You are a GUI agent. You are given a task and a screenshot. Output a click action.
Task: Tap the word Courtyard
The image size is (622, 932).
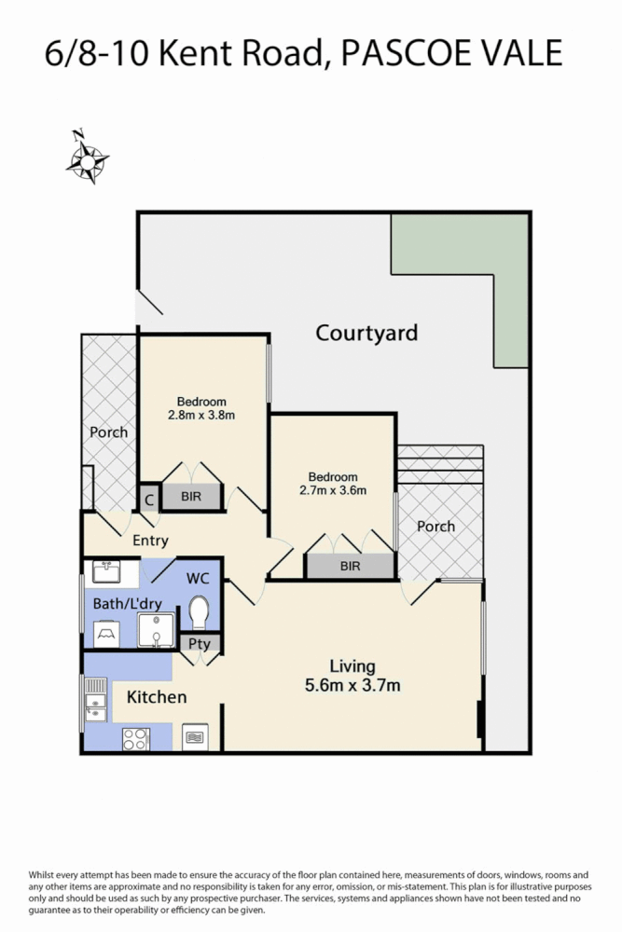pyautogui.click(x=366, y=333)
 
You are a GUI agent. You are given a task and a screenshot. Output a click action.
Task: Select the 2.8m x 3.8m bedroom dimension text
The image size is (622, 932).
pyautogui.click(x=201, y=416)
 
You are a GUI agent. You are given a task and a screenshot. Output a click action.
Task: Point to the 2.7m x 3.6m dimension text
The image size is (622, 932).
pyautogui.click(x=332, y=490)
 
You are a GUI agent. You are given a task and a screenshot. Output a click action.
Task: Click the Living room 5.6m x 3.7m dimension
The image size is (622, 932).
pyautogui.click(x=352, y=687)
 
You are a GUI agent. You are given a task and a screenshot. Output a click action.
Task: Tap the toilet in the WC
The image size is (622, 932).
pyautogui.click(x=198, y=611)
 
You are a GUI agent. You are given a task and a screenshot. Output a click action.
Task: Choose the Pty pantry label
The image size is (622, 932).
pyautogui.click(x=199, y=643)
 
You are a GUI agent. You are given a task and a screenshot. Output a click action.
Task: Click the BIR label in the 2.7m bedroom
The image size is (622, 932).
pyautogui.click(x=350, y=566)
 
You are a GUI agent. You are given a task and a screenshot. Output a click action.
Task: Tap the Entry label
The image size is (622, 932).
pyautogui.click(x=150, y=541)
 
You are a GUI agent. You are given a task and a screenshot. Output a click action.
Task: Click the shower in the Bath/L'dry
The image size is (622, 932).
pyautogui.click(x=155, y=632)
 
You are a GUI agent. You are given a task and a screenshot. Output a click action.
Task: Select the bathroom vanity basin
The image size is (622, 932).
pyautogui.click(x=111, y=570)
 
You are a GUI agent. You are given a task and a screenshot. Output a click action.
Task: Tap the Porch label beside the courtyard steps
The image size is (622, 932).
pyautogui.click(x=435, y=527)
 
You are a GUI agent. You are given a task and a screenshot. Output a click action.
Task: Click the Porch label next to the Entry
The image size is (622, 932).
pyautogui.click(x=108, y=432)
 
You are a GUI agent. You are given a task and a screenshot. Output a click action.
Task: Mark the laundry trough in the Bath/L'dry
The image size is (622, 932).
pyautogui.click(x=104, y=635)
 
